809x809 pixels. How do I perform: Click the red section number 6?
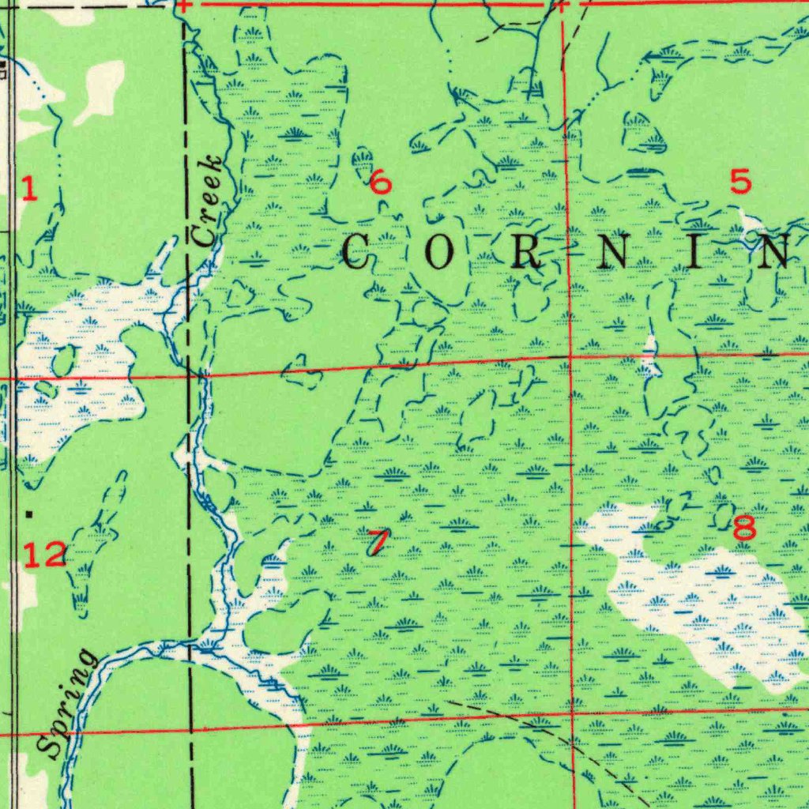[380, 183]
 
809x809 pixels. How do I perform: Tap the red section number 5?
[740, 182]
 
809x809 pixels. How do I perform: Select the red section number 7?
[378, 542]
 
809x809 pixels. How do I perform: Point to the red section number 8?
[743, 529]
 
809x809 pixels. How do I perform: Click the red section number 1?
[29, 189]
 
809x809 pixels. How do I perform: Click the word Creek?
[207, 201]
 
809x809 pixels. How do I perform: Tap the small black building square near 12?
[29, 514]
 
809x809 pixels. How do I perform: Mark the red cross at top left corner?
[182, 5]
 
